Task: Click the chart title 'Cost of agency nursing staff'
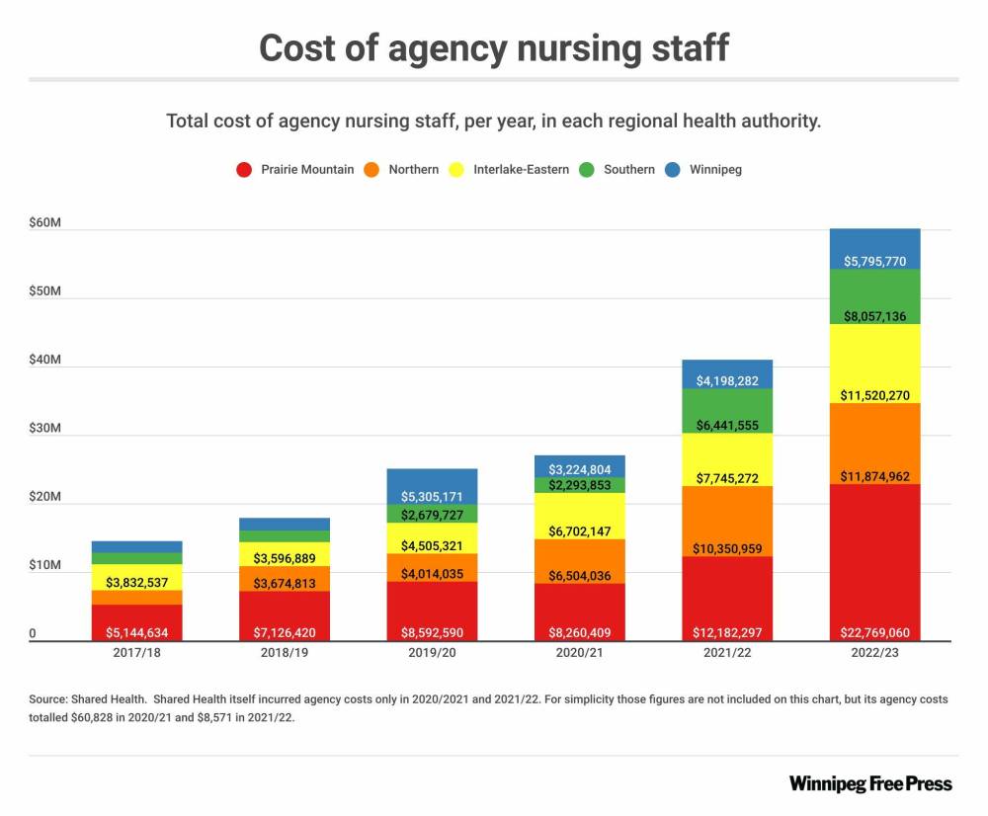tap(494, 46)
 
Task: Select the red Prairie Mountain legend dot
tap(244, 169)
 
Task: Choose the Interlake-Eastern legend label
tap(521, 169)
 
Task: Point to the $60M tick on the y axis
tap(46, 223)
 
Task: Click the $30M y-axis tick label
tap(46, 429)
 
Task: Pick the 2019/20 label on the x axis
tap(432, 653)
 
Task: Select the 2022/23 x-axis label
tap(875, 653)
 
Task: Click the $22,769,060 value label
tap(875, 632)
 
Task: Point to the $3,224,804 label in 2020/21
tap(580, 469)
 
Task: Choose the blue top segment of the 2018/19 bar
tap(285, 524)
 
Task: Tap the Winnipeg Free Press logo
tap(870, 783)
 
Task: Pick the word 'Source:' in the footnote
tap(48, 699)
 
